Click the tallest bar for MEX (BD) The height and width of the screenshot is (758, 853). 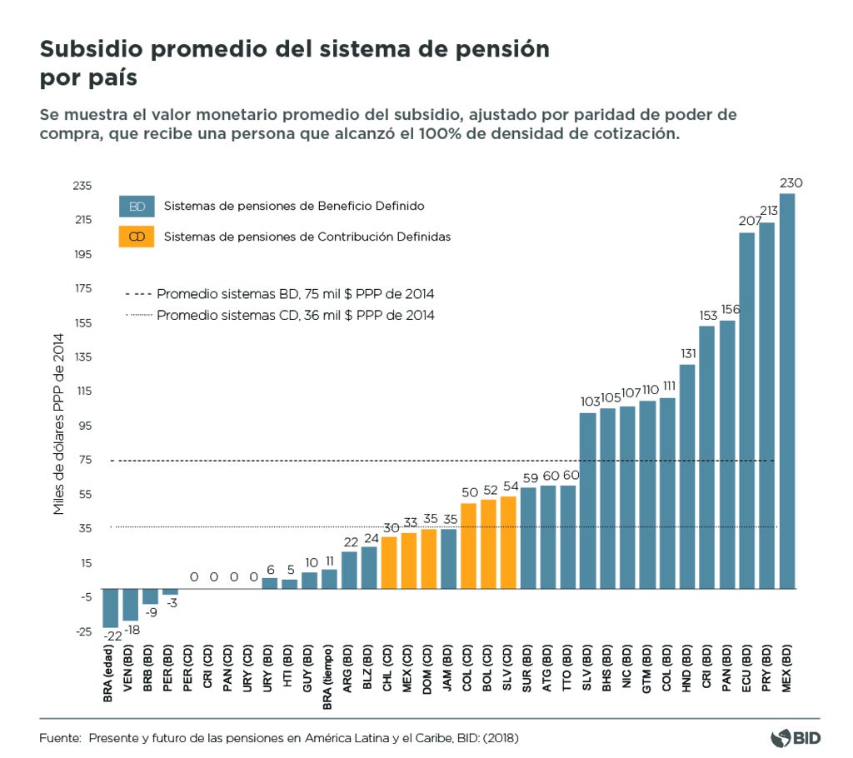[786, 391]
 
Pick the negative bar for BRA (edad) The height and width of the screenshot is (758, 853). [110, 607]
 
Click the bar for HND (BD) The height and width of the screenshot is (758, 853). [687, 476]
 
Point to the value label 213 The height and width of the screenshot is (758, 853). [766, 211]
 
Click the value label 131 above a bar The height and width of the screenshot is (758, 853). [687, 352]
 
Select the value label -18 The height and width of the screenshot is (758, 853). [131, 630]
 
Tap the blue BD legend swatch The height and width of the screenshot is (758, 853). [137, 206]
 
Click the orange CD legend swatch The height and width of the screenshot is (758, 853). [137, 237]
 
